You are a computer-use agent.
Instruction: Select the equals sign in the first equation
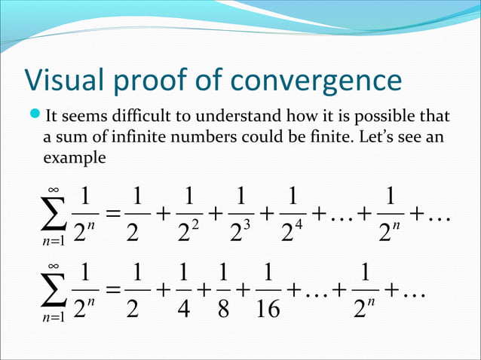click(x=111, y=214)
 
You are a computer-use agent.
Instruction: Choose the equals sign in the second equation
click(x=111, y=290)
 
